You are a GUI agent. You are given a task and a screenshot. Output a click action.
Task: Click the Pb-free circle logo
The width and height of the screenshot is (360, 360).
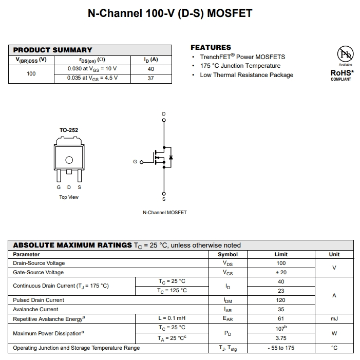345,54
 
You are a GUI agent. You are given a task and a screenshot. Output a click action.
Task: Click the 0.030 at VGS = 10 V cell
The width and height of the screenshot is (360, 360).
92,69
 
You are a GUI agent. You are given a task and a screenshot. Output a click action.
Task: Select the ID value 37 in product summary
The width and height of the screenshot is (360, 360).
150,78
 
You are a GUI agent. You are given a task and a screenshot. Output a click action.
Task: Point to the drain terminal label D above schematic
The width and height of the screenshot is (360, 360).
164,113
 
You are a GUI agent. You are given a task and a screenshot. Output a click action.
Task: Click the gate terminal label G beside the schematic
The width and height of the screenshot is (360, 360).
135,162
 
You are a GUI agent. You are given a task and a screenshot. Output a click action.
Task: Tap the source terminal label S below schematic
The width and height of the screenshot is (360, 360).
164,199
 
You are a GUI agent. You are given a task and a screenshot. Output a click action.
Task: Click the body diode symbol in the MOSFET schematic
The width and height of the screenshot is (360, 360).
170,157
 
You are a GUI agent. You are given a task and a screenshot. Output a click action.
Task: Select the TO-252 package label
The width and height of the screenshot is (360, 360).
69,130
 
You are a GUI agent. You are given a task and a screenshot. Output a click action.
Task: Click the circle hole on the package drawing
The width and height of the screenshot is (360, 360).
69,160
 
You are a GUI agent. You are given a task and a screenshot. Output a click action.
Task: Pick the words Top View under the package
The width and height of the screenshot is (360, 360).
69,197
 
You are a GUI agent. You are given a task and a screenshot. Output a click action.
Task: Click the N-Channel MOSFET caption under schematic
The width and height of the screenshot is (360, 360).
165,213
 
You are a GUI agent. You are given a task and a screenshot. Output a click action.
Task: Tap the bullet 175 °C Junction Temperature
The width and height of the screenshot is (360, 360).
240,66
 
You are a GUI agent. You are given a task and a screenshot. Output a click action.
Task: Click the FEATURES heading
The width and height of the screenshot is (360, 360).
211,47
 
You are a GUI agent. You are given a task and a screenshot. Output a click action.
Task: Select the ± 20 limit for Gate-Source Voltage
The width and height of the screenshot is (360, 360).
280,273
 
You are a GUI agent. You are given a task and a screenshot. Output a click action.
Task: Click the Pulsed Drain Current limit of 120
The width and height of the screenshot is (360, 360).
280,300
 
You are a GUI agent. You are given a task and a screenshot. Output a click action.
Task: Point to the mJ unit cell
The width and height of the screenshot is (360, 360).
334,319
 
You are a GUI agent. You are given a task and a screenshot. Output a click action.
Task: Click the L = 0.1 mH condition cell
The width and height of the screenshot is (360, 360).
172,319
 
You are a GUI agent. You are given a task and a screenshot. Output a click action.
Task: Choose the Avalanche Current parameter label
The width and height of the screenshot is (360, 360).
35,310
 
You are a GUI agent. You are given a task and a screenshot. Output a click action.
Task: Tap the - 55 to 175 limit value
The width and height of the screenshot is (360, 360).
280,348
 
